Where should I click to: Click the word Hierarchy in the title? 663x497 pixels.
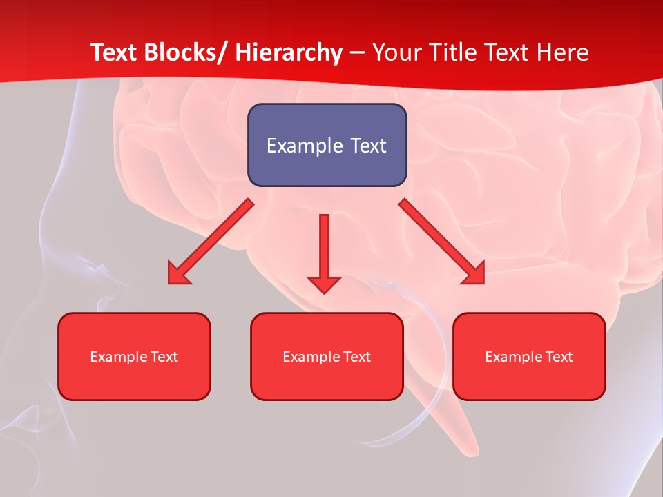[289, 52]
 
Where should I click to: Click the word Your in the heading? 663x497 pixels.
[395, 52]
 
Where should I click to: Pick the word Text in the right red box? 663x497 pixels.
[558, 357]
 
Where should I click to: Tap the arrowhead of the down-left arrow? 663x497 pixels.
[178, 275]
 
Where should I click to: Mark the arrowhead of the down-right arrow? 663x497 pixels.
[474, 275]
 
